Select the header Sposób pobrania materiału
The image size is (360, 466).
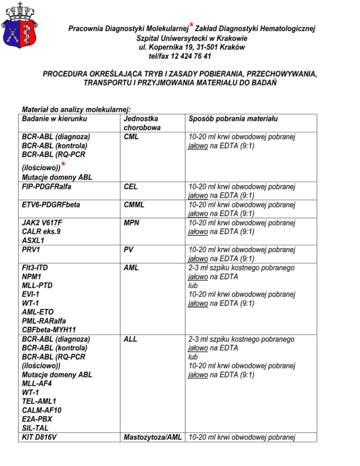[x=232, y=119]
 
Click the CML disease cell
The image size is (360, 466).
[x=132, y=137]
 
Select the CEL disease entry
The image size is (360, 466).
[x=130, y=187]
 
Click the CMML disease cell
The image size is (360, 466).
[x=134, y=205]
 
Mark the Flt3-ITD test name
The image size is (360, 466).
[x=35, y=268]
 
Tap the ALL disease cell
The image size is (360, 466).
[x=130, y=339]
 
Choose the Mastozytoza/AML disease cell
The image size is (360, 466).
[x=153, y=437]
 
